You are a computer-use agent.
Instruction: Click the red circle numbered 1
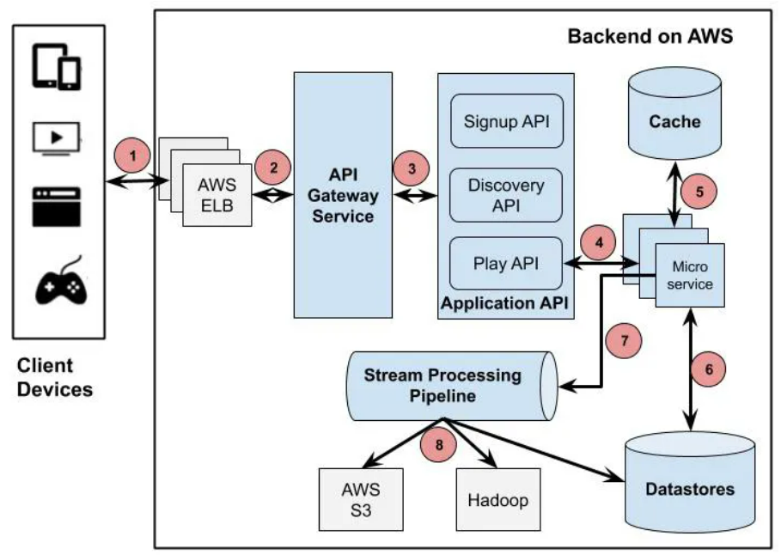tap(131, 156)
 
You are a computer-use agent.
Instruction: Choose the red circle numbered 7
tap(624, 340)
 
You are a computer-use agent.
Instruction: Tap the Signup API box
tap(507, 120)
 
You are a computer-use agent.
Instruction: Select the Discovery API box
tap(507, 196)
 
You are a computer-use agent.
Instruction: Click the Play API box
tap(507, 263)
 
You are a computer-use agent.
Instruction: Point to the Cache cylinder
tap(674, 120)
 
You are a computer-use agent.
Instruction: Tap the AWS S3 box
tap(360, 498)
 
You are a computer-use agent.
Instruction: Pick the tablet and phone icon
tap(57, 67)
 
